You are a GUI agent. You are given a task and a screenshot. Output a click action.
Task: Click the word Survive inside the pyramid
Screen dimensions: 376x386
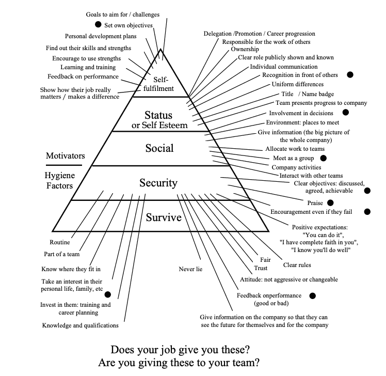click(164, 217)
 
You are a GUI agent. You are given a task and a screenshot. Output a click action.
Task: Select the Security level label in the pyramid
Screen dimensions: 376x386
click(158, 183)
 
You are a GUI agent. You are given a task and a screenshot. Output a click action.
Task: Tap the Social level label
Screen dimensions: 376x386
click(159, 148)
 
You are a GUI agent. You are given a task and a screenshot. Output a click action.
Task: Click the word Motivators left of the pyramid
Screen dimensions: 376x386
click(66, 155)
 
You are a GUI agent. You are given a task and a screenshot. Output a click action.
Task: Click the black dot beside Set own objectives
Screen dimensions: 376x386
click(97, 24)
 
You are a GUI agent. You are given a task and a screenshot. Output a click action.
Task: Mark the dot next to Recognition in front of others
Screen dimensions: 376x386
click(350, 74)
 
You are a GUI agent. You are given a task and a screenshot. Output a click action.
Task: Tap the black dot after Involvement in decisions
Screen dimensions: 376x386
click(345, 112)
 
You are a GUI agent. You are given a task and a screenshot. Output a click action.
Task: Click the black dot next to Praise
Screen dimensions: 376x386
click(330, 202)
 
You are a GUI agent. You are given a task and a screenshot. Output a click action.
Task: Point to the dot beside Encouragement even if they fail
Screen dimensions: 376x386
click(367, 211)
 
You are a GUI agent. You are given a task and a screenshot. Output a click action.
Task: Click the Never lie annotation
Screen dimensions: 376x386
click(190, 269)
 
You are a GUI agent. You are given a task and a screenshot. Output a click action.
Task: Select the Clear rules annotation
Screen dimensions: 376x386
click(297, 265)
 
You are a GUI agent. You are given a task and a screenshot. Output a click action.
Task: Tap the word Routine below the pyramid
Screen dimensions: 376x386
click(60, 242)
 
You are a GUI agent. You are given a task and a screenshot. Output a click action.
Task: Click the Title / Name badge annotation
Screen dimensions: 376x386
click(308, 94)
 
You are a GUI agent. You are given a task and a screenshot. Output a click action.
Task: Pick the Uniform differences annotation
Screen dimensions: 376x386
click(297, 84)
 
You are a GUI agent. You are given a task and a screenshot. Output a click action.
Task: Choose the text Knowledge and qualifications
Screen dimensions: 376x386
click(80, 325)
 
